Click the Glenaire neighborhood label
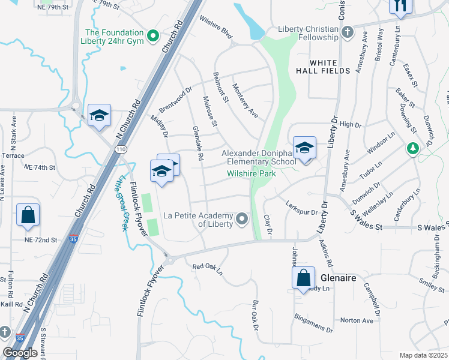coord(339,279)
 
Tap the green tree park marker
coord(412,148)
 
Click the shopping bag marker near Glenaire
coord(304,278)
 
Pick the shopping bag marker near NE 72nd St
coord(28,215)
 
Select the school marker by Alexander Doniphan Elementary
coord(304,148)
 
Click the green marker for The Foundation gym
coord(153,37)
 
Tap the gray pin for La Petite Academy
coord(242,219)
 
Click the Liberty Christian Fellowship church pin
coord(347,32)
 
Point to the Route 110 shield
coord(122,149)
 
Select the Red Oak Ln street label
coord(207,266)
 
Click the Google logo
coord(20,353)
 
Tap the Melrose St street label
coord(209,112)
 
